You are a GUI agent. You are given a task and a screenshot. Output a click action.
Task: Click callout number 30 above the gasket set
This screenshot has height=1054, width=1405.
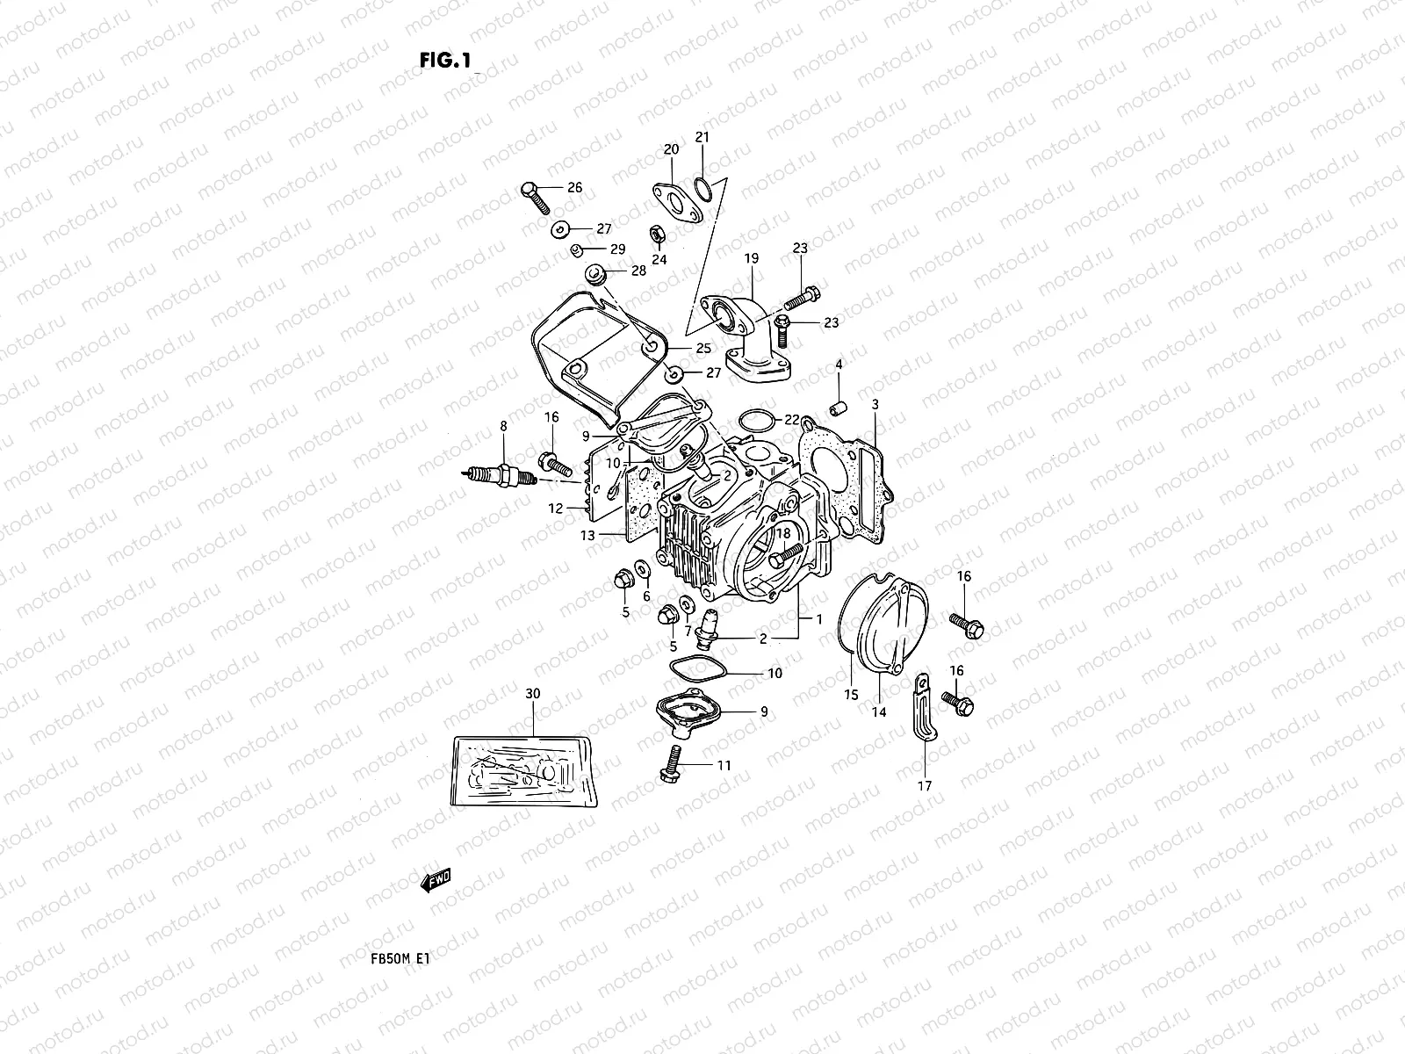tap(533, 694)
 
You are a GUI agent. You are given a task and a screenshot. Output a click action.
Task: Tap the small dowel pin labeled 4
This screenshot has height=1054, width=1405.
tap(838, 408)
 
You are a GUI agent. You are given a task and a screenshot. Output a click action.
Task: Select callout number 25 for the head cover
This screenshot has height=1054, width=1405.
tap(702, 349)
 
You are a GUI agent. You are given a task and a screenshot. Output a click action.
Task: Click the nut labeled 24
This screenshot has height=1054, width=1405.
tap(655, 234)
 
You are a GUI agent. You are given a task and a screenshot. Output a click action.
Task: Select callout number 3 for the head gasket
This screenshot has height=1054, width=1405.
tap(875, 404)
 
